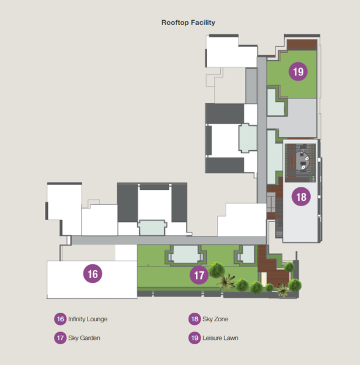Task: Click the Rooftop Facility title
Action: [x=188, y=23]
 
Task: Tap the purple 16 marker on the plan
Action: [x=92, y=274]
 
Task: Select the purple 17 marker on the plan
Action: [x=199, y=275]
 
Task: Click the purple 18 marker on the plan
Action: [x=301, y=196]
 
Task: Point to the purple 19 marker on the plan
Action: [x=298, y=71]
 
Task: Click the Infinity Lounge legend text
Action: [x=88, y=319]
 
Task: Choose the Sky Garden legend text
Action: [x=84, y=338]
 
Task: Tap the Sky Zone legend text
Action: [x=215, y=319]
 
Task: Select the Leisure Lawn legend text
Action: [x=220, y=338]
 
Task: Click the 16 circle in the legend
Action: [x=60, y=319]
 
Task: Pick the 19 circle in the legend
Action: [x=195, y=338]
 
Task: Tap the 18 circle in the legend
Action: [x=195, y=319]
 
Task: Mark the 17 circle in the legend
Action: [x=60, y=338]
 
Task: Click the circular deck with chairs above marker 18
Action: [x=300, y=161]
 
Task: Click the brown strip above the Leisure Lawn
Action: [x=302, y=44]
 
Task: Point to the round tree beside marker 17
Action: [x=216, y=269]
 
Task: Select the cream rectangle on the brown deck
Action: [x=264, y=279]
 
